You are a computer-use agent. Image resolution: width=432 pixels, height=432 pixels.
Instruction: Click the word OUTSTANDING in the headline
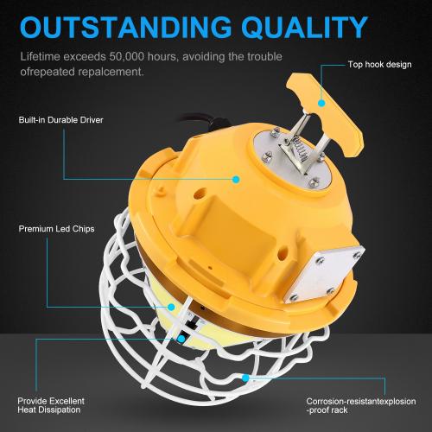[x=126, y=27]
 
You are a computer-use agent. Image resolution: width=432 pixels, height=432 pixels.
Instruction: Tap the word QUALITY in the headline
[x=305, y=28]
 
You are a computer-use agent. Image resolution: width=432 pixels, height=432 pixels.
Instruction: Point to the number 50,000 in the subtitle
[x=126, y=57]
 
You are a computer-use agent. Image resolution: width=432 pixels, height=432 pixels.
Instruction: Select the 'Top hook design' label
[x=379, y=65]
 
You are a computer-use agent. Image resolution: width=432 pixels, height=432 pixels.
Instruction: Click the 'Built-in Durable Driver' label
[x=60, y=120]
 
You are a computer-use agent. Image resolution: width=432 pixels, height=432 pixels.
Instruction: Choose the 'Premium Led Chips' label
[x=56, y=229]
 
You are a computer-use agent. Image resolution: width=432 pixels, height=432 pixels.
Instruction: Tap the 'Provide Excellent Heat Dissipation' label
[x=51, y=405]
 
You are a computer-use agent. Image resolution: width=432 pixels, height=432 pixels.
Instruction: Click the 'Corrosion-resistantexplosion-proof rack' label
[x=361, y=405]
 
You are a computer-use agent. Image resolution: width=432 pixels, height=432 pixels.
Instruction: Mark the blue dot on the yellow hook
[x=321, y=103]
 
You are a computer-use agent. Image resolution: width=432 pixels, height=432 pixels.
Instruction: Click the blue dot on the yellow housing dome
[x=236, y=180]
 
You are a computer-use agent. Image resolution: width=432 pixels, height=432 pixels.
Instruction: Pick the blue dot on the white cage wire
[x=245, y=378]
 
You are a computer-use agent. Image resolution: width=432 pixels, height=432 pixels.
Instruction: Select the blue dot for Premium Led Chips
[x=171, y=308]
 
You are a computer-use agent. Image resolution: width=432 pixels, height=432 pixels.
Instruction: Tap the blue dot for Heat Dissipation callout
[x=181, y=339]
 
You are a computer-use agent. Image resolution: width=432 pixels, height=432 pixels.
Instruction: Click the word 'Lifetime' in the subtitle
[x=40, y=56]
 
